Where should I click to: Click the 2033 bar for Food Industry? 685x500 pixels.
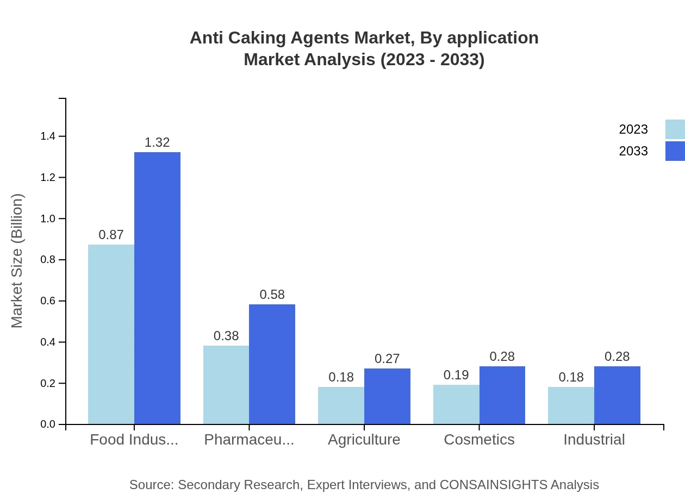tap(157, 288)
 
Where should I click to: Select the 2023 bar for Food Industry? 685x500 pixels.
tap(111, 334)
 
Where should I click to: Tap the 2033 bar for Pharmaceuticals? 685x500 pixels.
tap(272, 364)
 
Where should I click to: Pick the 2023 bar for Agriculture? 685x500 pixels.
tap(341, 405)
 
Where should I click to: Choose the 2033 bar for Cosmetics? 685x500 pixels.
tap(502, 395)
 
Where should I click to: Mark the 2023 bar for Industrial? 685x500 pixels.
tap(571, 405)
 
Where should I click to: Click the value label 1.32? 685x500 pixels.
tap(157, 142)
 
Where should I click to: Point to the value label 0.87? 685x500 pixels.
tap(111, 235)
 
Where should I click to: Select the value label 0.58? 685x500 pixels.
tap(272, 295)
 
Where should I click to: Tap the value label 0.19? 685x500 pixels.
tap(456, 375)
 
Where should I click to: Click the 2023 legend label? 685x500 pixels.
tap(633, 129)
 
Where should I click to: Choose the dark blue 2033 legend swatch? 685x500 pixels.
tap(675, 151)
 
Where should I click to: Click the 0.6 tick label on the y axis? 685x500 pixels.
tap(48, 301)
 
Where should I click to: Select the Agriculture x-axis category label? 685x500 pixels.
tap(364, 439)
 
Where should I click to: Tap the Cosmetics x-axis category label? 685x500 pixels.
tap(479, 439)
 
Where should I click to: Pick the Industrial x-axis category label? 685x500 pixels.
tap(594, 439)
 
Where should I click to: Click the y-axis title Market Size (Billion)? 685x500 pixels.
tap(17, 261)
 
